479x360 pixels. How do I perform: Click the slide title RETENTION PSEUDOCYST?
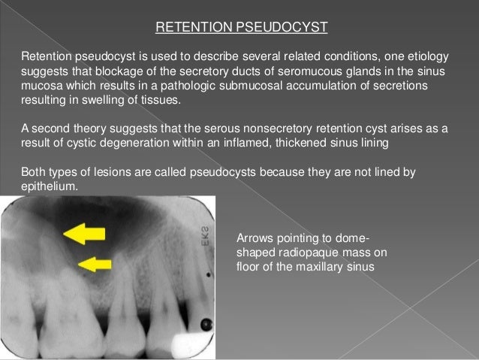click(x=241, y=29)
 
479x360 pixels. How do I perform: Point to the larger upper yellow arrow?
click(x=84, y=234)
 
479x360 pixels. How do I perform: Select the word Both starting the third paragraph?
click(x=35, y=171)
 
